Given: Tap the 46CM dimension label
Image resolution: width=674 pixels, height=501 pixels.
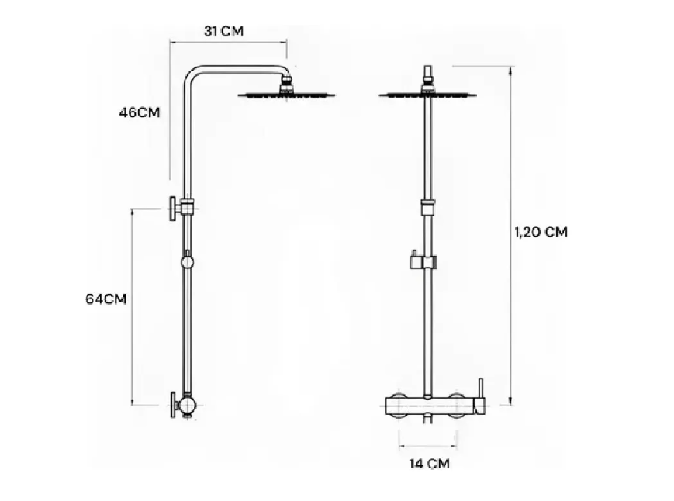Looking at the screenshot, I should coord(139,112).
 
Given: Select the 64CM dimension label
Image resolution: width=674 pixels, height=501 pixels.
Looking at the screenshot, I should coord(106,298).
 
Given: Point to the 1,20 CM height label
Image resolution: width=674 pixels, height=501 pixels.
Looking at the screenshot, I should coord(541,231).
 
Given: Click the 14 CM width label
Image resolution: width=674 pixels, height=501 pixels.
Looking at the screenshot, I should coord(428,464).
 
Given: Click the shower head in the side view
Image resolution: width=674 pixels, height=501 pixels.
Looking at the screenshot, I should coord(286,95).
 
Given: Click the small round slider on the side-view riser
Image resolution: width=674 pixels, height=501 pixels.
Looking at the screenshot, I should coord(187,262).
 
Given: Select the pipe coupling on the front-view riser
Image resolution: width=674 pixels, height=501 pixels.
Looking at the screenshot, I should coord(426,206).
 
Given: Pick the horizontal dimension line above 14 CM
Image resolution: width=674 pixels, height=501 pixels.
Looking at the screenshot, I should coord(427,445).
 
